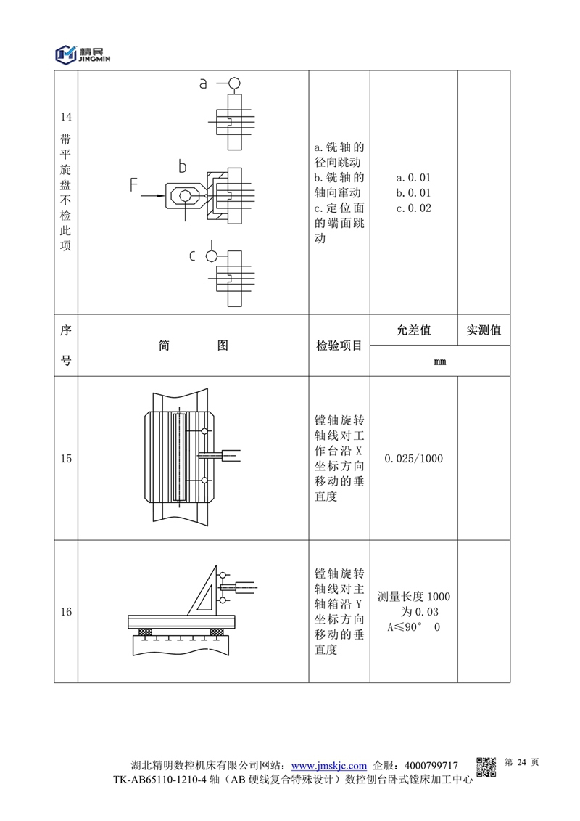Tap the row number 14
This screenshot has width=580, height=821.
[x=66, y=117]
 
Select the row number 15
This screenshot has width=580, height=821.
[x=66, y=459]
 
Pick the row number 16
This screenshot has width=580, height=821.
[x=66, y=612]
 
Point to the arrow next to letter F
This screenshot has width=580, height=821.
[x=153, y=195]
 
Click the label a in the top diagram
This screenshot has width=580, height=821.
[x=204, y=83]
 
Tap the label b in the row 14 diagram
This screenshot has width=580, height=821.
[x=183, y=168]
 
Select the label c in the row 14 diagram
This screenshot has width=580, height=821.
[x=193, y=256]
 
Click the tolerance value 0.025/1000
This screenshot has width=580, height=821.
[x=413, y=459]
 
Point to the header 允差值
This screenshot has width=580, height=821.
[x=413, y=330]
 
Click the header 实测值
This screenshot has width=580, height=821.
[x=484, y=330]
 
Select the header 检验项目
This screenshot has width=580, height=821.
[x=339, y=346]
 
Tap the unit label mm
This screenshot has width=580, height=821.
[x=439, y=361]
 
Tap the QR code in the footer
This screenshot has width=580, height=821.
[x=486, y=766]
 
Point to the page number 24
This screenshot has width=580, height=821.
[x=521, y=762]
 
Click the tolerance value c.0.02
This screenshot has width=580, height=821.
[x=413, y=208]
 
